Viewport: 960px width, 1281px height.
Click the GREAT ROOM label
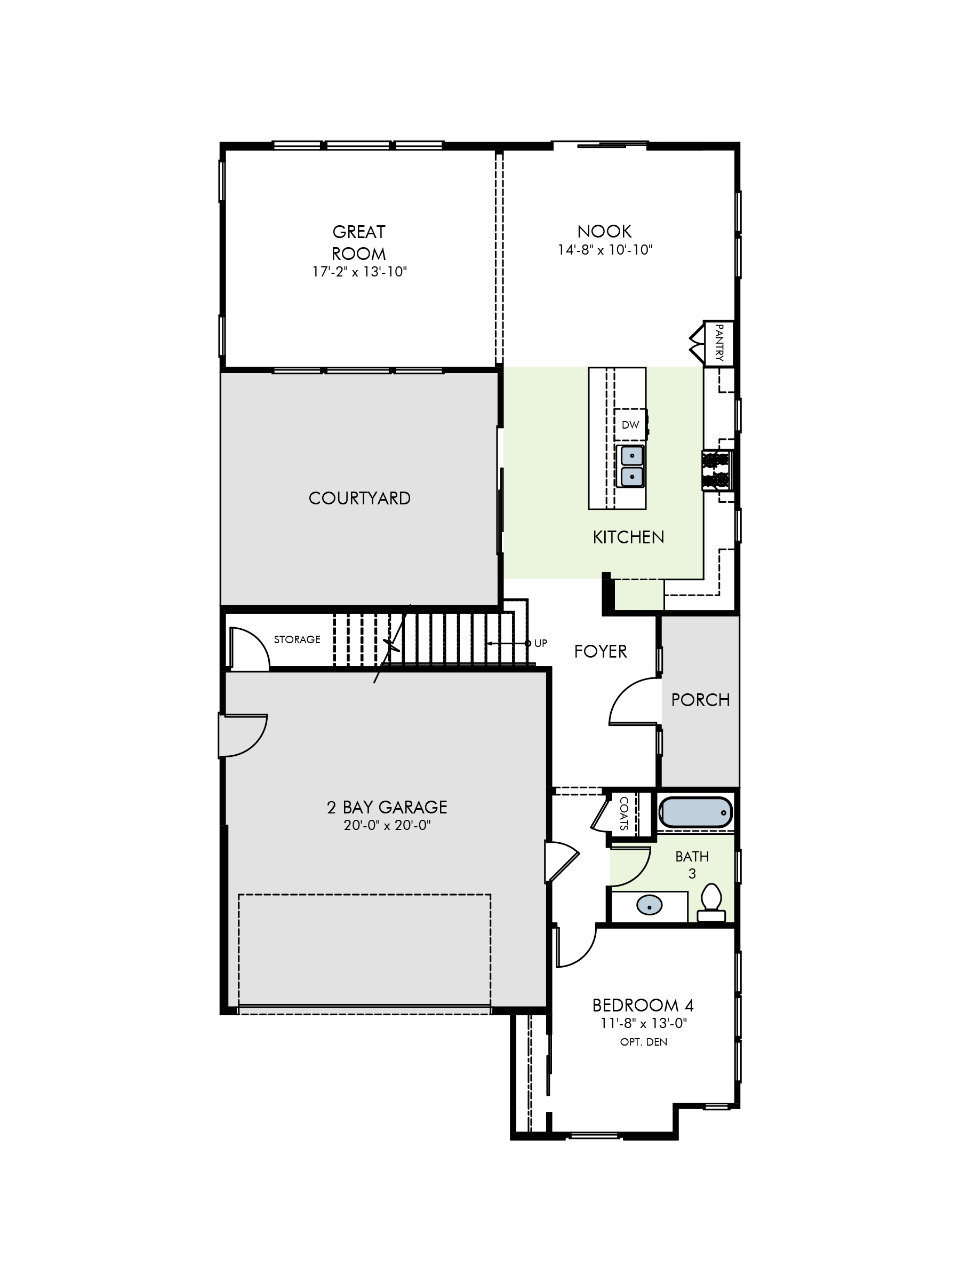pyautogui.click(x=359, y=243)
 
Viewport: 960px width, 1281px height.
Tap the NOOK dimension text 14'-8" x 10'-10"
pyautogui.click(x=605, y=250)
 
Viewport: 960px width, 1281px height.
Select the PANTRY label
pyautogui.click(x=719, y=343)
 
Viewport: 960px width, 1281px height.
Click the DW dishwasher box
pyautogui.click(x=630, y=424)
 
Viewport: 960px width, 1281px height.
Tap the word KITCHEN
pyautogui.click(x=628, y=537)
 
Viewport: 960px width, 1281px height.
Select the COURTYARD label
pyautogui.click(x=359, y=498)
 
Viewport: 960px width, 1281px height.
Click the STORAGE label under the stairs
pyautogui.click(x=297, y=639)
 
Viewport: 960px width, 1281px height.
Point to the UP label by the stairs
pyautogui.click(x=540, y=643)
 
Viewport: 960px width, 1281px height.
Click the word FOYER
pyautogui.click(x=601, y=652)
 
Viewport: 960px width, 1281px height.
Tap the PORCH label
pyautogui.click(x=700, y=700)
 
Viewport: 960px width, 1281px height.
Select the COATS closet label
pyautogui.click(x=624, y=813)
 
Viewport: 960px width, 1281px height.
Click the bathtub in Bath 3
pyautogui.click(x=695, y=812)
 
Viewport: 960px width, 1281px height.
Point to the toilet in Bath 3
pyautogui.click(x=711, y=902)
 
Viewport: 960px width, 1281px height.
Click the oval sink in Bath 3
pyautogui.click(x=649, y=905)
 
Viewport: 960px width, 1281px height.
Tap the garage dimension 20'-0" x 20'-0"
pyautogui.click(x=387, y=825)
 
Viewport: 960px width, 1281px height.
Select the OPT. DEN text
pyautogui.click(x=644, y=1042)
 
